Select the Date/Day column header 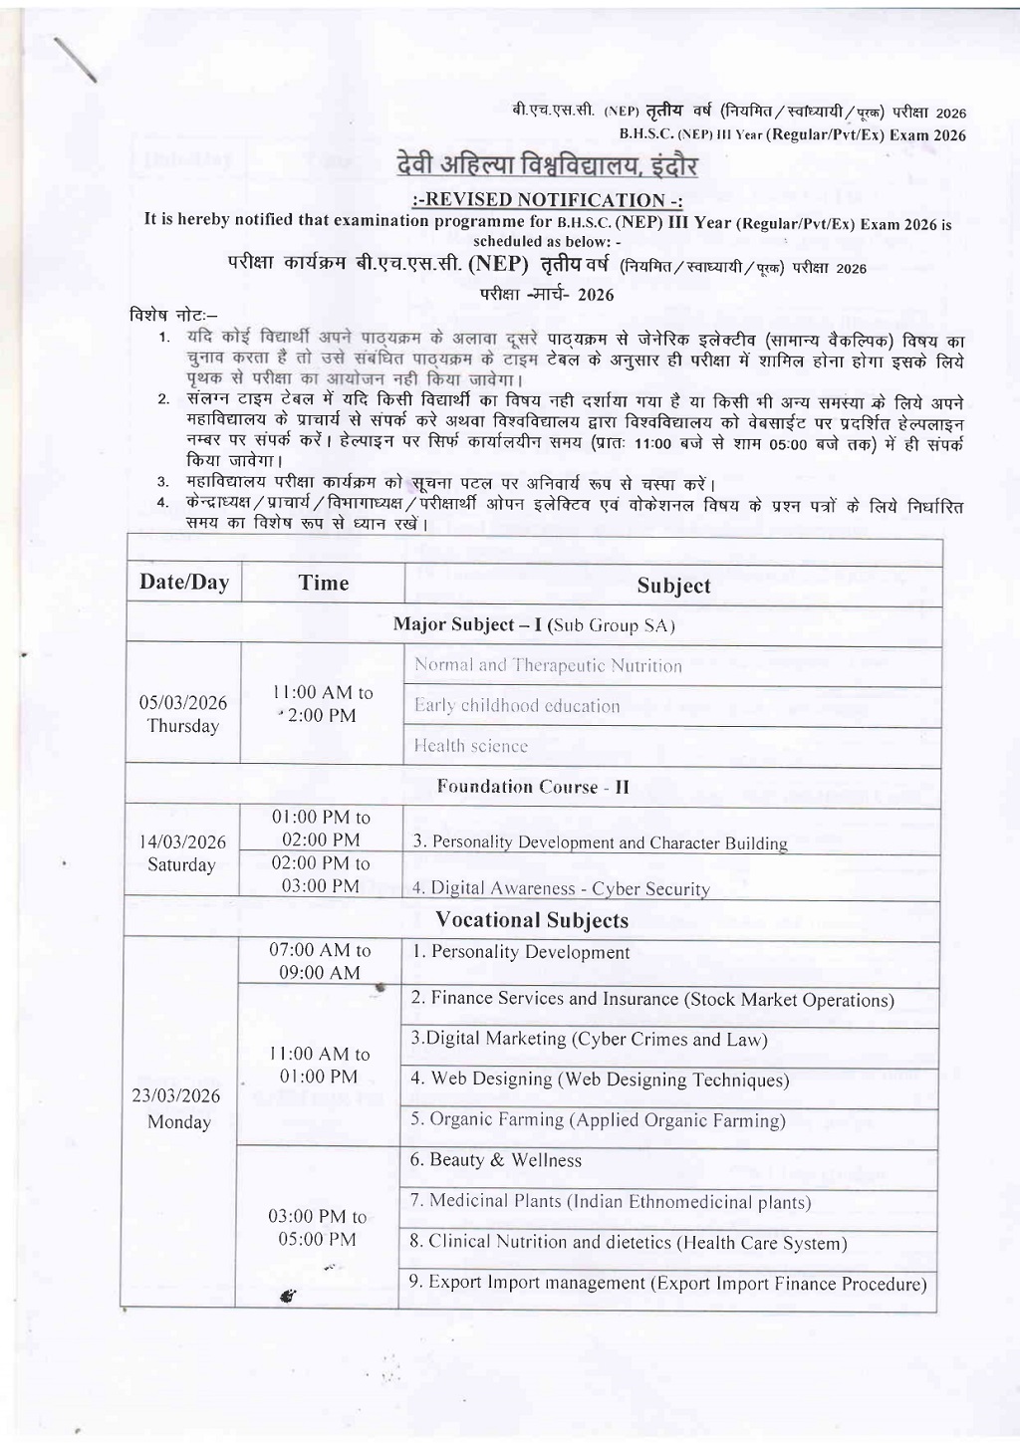point(184,583)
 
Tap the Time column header point(324,584)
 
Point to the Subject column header point(673,586)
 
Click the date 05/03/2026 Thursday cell point(183,714)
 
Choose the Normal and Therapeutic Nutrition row point(548,665)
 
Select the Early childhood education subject point(517,706)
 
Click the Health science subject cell point(471,746)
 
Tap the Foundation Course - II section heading point(533,787)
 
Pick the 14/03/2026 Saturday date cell point(182,853)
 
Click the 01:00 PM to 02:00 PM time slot point(321,829)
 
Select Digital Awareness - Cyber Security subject point(561,888)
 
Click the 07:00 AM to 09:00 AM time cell point(320,962)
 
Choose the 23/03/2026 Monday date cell point(179,1108)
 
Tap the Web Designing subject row point(600,1080)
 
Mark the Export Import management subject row point(667,1284)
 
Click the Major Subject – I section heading point(534,625)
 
